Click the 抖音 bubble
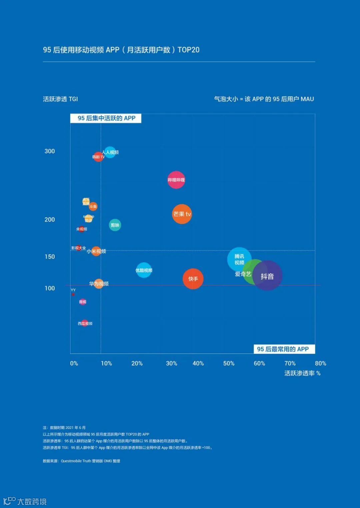coord(267,276)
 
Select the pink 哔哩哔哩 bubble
coord(176,180)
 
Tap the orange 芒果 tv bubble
coord(182,214)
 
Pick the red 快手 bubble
coord(193,279)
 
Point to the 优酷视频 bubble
coord(144,270)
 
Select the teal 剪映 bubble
coord(115,225)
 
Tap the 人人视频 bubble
coord(110,152)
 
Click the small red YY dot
coord(73,294)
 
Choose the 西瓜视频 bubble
coord(85,323)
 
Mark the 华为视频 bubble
coord(99,284)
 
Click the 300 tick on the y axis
coord(50,151)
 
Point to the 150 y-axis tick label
coord(50,257)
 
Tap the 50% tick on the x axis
coord(229,363)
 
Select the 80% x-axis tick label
coord(320,363)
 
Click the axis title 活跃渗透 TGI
coord(60,99)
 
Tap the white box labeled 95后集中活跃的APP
coord(106,118)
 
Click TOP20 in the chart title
coord(188,50)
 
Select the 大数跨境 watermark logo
coord(25,501)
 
